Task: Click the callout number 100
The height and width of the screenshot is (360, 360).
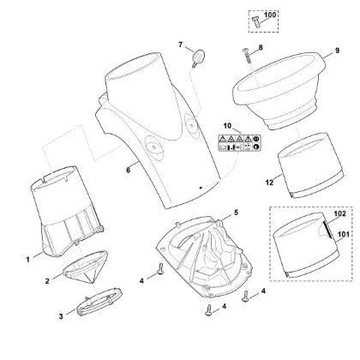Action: pos(270,15)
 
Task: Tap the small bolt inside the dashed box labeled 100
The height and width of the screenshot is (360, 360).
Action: pos(256,21)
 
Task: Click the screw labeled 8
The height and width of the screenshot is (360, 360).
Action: pos(247,57)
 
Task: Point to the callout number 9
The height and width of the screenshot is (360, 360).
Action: pos(337,51)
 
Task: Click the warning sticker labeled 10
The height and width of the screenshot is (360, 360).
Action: pos(240,143)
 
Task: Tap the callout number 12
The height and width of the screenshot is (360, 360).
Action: pos(269,183)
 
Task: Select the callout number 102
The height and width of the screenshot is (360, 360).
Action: pos(339,213)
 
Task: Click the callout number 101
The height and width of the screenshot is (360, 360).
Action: pos(344,234)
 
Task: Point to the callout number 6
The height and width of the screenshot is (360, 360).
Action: pos(129,170)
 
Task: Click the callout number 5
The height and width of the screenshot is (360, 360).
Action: pos(236,213)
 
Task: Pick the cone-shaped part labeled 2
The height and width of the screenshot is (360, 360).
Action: pos(86,267)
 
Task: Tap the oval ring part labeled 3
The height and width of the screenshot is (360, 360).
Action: pos(99,302)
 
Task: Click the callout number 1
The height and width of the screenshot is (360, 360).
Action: pos(28,260)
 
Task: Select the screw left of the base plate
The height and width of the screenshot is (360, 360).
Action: pos(160,269)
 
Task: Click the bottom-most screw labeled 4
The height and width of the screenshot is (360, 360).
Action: pos(208,309)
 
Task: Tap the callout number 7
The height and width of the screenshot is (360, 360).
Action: pos(180,45)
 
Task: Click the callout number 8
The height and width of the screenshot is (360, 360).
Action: pos(261,47)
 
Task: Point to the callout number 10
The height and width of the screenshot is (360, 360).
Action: pos(227,126)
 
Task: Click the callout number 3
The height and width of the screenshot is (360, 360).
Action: pos(61,316)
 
